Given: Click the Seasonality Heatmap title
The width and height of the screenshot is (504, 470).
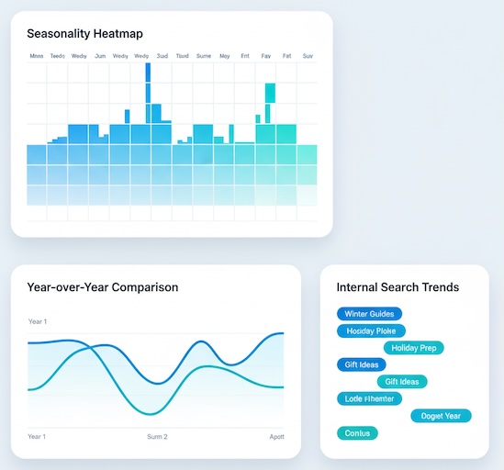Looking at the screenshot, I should coord(84,34).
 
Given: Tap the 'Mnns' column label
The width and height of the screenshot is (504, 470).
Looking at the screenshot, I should coord(37,56).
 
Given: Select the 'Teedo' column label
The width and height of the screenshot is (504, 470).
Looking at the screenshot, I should coord(58,56).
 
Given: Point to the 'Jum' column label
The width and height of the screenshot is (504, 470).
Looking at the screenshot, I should coord(100,56).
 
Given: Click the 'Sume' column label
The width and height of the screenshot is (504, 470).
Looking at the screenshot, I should coord(204,56).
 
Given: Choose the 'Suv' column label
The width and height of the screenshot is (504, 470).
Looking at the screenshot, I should coord(308,56).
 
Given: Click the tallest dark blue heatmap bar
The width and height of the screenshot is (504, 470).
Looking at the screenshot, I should coord(148,92).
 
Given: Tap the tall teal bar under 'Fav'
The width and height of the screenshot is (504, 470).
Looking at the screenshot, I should coord(270,92).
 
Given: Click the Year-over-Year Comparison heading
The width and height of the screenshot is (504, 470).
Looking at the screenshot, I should coord(103,287).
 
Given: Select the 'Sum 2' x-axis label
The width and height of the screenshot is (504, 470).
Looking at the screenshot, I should coord(157,436).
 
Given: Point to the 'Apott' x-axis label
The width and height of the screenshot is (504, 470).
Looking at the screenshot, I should coord(277,436).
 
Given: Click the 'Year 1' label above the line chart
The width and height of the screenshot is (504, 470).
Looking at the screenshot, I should coord(38,321).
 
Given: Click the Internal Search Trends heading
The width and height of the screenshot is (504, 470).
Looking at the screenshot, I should coord(398,287).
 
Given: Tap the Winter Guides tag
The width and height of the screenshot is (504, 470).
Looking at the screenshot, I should coord(369,314).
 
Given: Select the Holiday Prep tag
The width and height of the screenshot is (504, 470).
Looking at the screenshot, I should coord(413,348).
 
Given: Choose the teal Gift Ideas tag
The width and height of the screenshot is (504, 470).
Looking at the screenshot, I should coord(402,382).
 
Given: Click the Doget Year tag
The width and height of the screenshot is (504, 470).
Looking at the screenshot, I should coord(440,416).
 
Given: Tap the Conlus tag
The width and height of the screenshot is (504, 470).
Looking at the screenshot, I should coord(357,432).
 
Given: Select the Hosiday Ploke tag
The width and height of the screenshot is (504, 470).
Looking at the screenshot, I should coord(371,330).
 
